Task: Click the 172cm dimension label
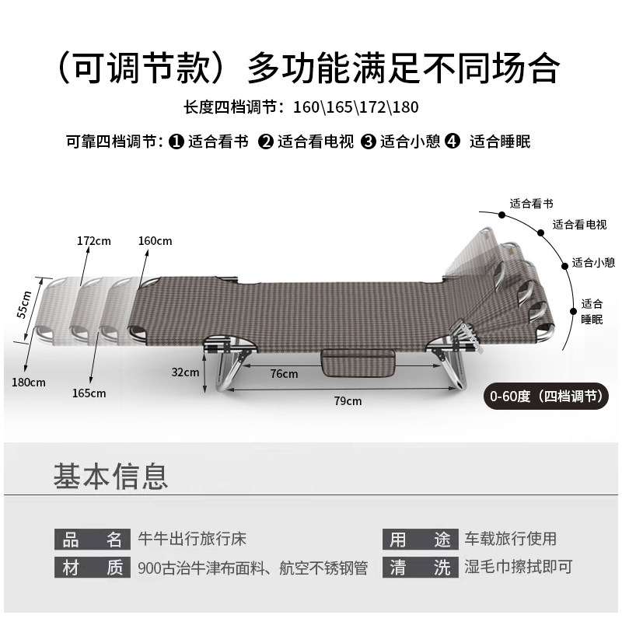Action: click(94, 241)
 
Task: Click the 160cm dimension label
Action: click(155, 241)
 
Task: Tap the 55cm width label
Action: click(26, 304)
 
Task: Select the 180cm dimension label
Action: click(29, 382)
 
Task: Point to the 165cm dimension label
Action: click(89, 393)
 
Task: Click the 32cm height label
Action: click(186, 372)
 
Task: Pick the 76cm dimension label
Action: click(284, 374)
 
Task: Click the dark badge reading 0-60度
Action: click(545, 396)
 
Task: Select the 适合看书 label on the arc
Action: click(531, 204)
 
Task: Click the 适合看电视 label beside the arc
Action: click(579, 225)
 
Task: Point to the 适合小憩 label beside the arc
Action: click(593, 263)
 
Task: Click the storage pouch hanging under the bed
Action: click(357, 362)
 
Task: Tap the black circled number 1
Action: click(176, 142)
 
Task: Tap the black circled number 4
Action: click(453, 142)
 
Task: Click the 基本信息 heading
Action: click(110, 476)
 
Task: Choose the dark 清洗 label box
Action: click(420, 568)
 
